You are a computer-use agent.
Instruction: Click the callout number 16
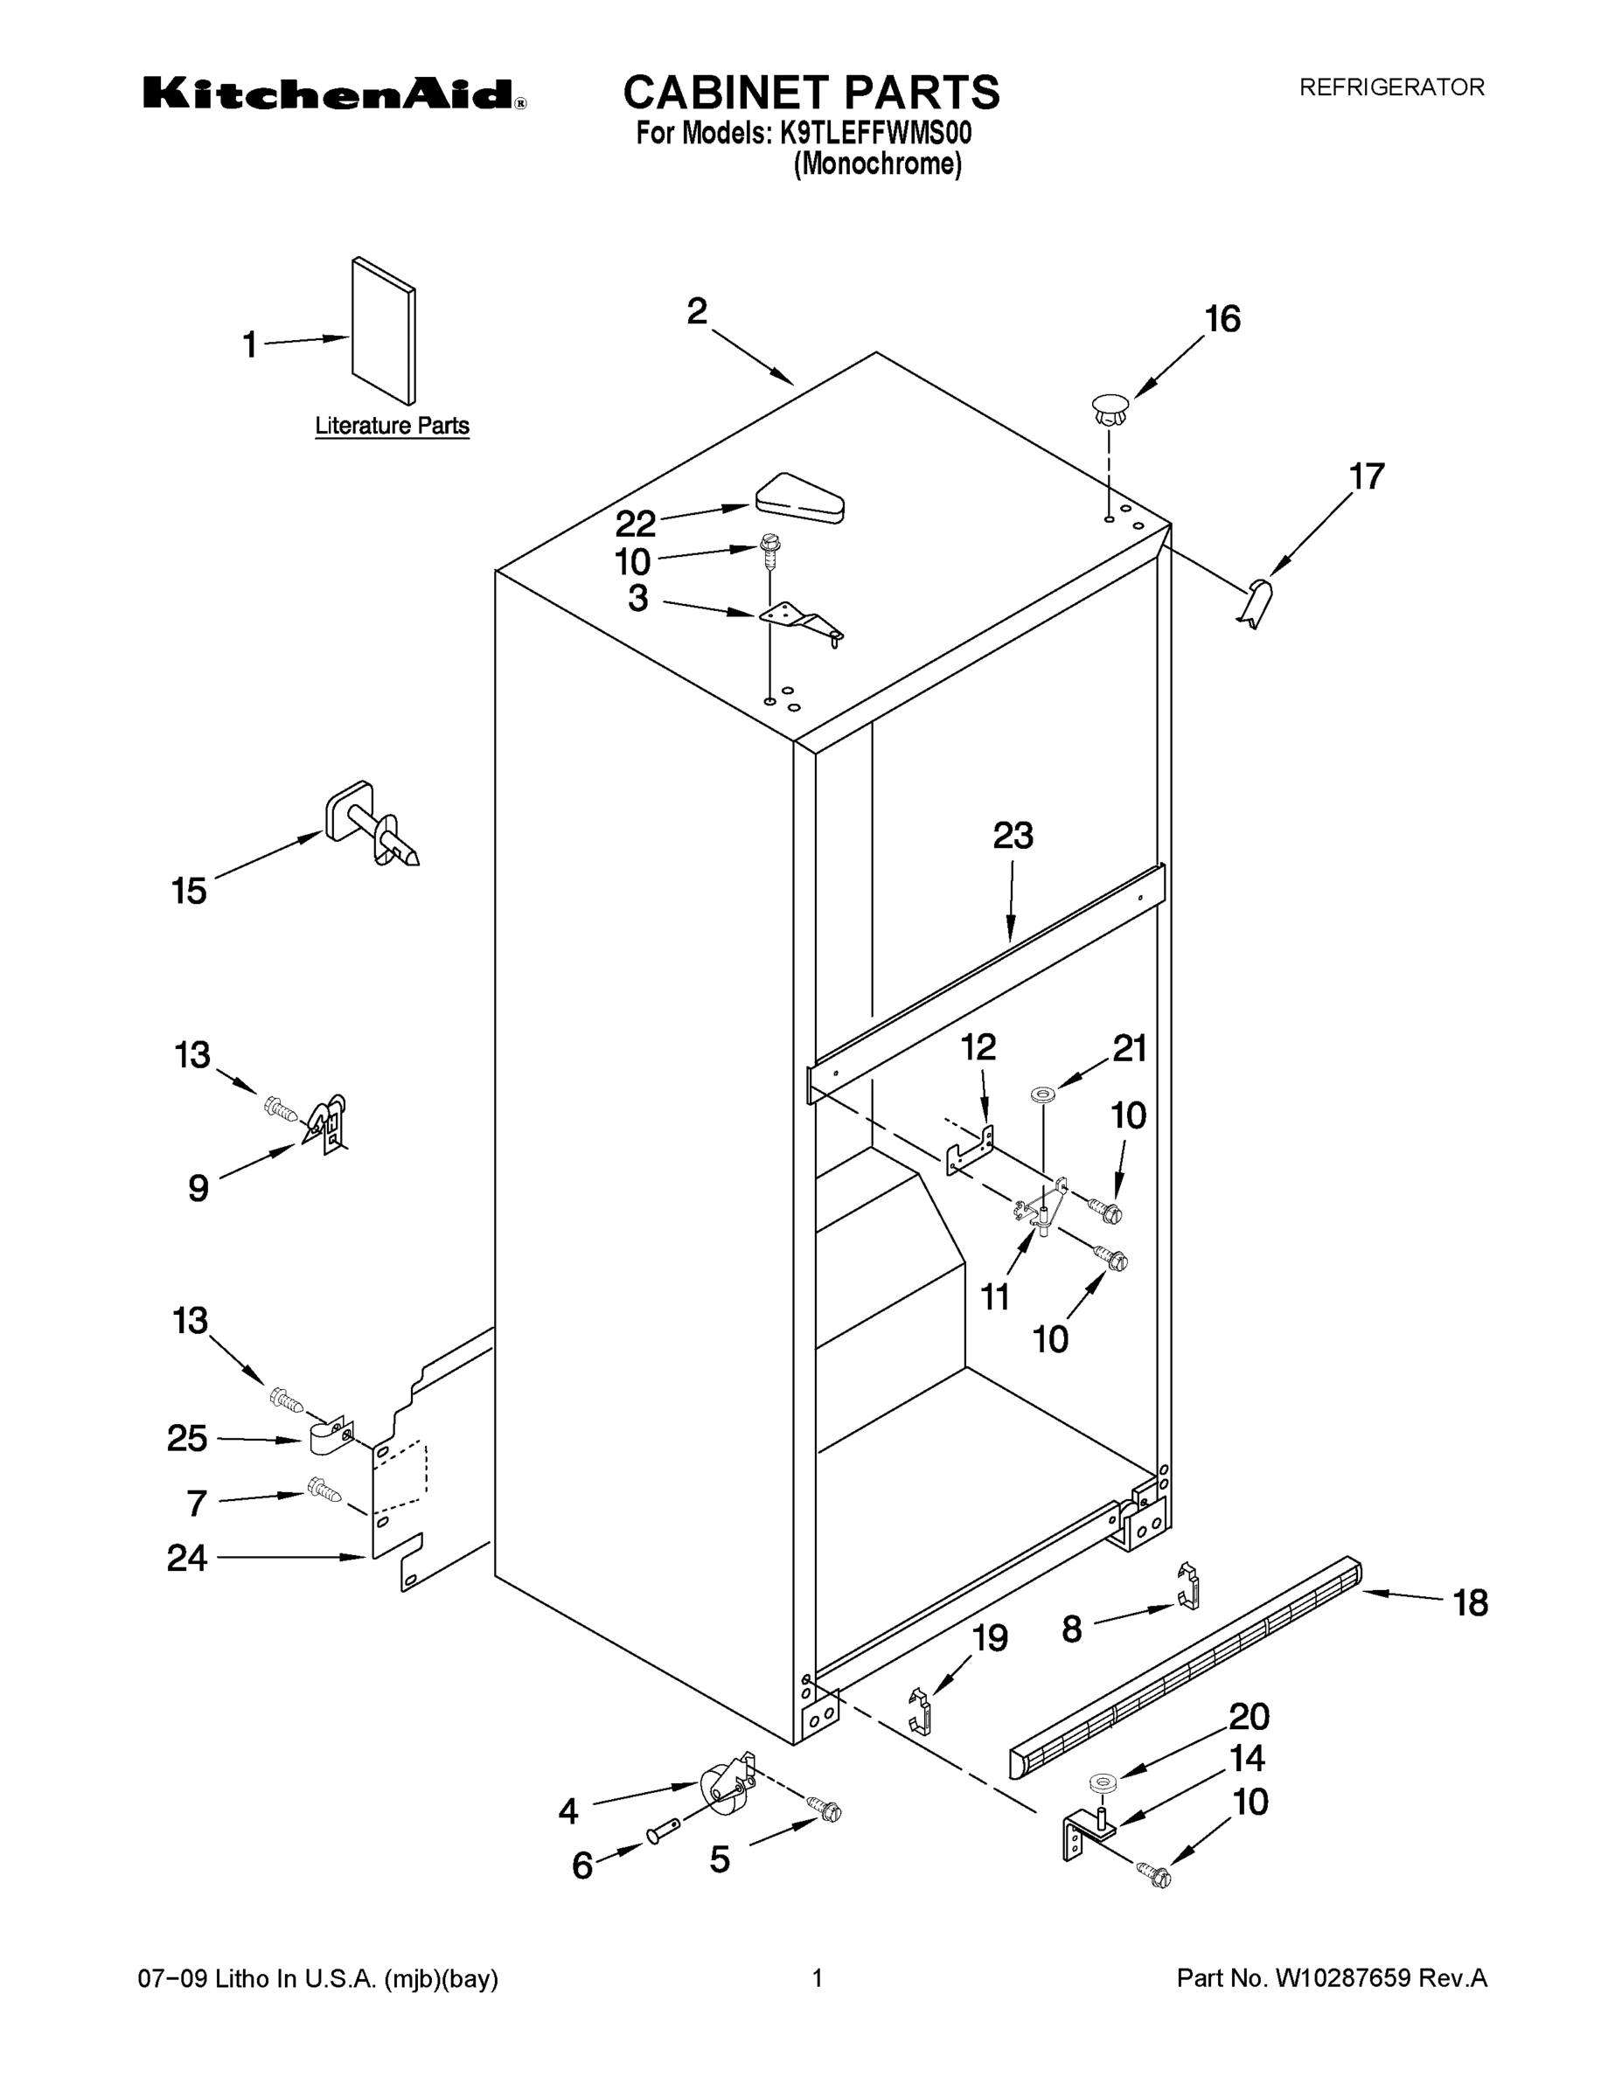click(x=1222, y=319)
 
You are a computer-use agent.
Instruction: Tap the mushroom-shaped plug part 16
click(x=1110, y=409)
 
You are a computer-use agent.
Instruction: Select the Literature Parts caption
click(x=392, y=426)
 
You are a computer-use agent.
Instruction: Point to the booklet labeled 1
click(x=383, y=330)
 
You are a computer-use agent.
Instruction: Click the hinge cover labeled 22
click(x=799, y=498)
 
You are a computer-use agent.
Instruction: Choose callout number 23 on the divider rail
click(x=1013, y=836)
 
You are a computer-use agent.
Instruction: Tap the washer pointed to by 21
click(x=1041, y=1094)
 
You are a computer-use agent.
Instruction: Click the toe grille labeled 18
click(x=1186, y=1664)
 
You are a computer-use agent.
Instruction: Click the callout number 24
click(x=187, y=1558)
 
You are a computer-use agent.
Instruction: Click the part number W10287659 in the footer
click(x=1341, y=1978)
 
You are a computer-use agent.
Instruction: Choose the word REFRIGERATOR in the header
click(x=1391, y=87)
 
